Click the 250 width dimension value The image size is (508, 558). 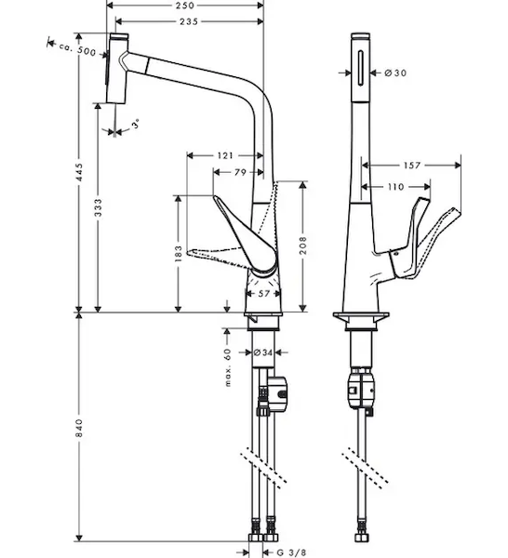(185, 6)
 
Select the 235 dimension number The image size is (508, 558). (189, 21)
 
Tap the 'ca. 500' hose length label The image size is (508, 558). (77, 49)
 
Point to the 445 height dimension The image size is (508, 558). (79, 172)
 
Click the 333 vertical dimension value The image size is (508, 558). (98, 207)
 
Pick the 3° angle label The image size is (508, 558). (135, 124)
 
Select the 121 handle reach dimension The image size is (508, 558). (225, 155)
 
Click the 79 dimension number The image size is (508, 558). (240, 172)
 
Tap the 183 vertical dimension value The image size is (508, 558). (179, 253)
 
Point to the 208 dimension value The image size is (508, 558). (303, 246)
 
